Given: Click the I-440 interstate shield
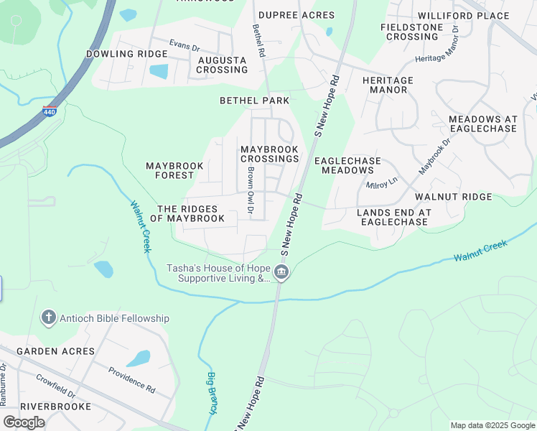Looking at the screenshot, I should pyautogui.click(x=50, y=111).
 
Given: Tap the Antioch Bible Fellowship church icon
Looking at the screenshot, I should pyautogui.click(x=48, y=318).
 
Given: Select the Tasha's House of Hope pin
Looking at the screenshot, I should pyautogui.click(x=281, y=272).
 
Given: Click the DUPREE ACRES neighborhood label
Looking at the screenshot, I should pyautogui.click(x=296, y=15).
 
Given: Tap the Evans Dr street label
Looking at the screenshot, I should pyautogui.click(x=185, y=45).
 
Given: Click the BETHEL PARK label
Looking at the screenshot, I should pyautogui.click(x=254, y=101).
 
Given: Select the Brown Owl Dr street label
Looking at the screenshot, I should pyautogui.click(x=251, y=191).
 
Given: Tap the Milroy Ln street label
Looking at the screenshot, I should pyautogui.click(x=382, y=183).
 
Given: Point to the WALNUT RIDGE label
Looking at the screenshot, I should pyautogui.click(x=454, y=196).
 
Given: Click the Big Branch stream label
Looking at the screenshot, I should pyautogui.click(x=213, y=393).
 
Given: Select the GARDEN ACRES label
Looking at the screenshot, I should pyautogui.click(x=55, y=351).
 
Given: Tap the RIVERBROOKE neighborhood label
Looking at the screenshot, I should pyautogui.click(x=55, y=406).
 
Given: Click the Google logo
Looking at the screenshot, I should pyautogui.click(x=24, y=422).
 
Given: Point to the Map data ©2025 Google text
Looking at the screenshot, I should pyautogui.click(x=492, y=425).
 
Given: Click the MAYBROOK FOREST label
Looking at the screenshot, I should pyautogui.click(x=174, y=170).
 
